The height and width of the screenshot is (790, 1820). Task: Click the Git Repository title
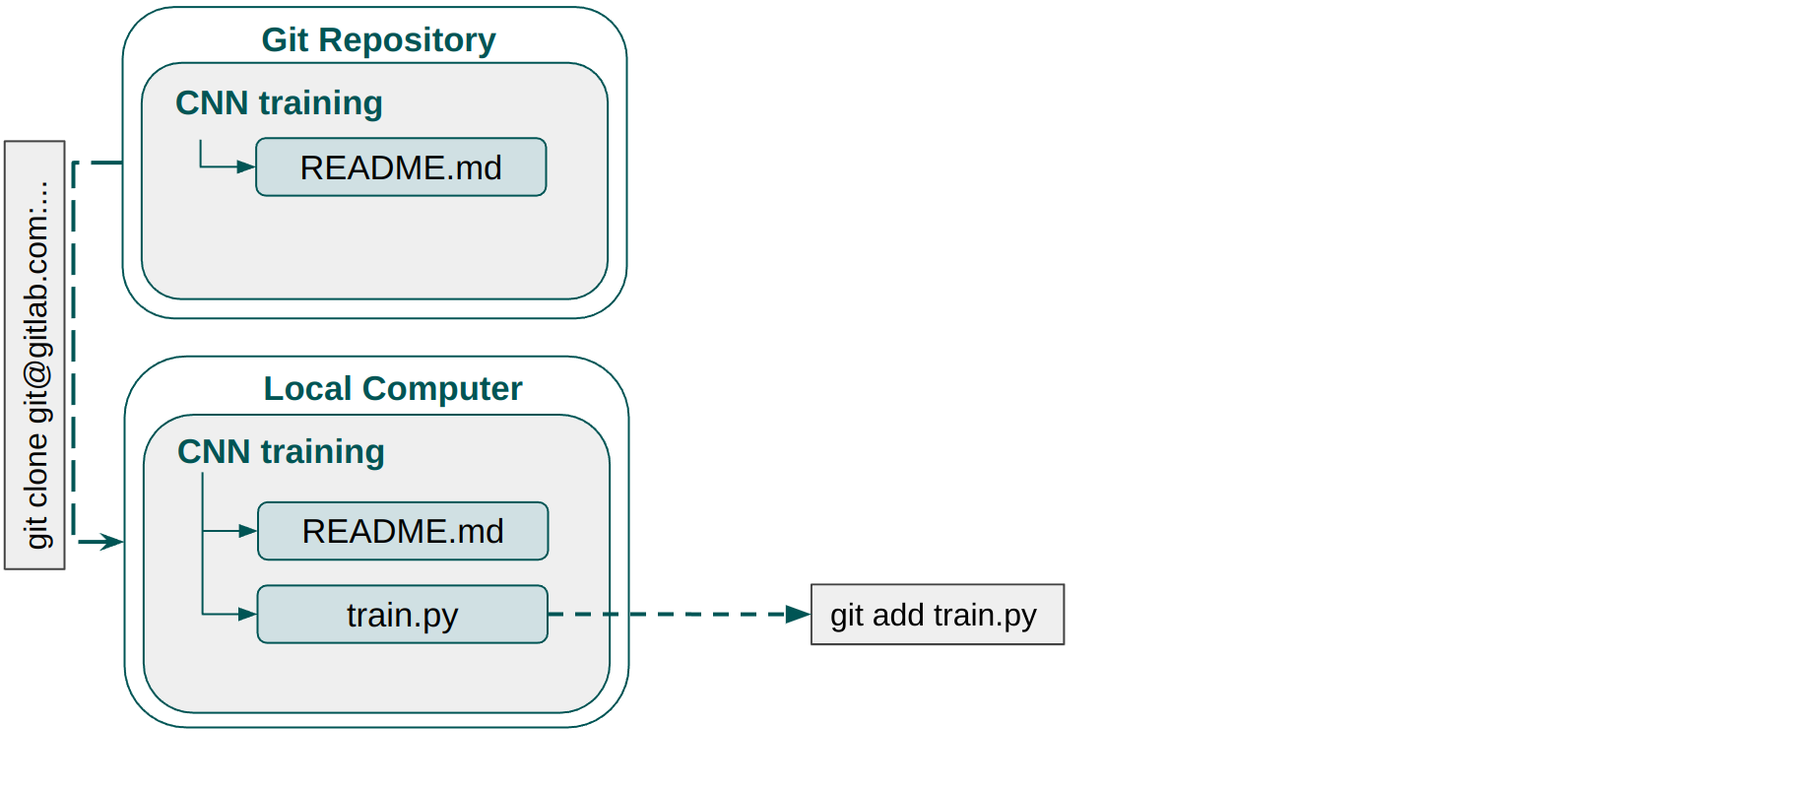pyautogui.click(x=378, y=40)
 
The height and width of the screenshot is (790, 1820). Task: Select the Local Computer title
pyautogui.click(x=392, y=389)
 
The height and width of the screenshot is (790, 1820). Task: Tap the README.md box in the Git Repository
pyautogui.click(x=401, y=167)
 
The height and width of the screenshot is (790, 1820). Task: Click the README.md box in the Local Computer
pyautogui.click(x=403, y=531)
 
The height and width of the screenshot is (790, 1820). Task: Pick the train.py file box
pyautogui.click(x=402, y=615)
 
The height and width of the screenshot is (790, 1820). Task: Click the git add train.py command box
pyautogui.click(x=937, y=615)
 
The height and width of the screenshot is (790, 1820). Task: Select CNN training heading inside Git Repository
pyautogui.click(x=279, y=103)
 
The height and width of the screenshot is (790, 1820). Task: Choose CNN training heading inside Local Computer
pyautogui.click(x=281, y=452)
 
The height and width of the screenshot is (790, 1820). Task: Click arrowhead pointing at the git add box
pyautogui.click(x=798, y=615)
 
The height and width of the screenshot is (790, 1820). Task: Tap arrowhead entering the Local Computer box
pyautogui.click(x=112, y=542)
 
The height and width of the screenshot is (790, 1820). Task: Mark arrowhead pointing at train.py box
pyautogui.click(x=247, y=615)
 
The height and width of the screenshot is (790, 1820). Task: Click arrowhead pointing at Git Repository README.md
pyautogui.click(x=245, y=167)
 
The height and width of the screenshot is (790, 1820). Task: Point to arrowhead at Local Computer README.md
pyautogui.click(x=247, y=531)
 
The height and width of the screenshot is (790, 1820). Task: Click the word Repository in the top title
pyautogui.click(x=407, y=40)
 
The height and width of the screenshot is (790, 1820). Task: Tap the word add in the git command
pyautogui.click(x=896, y=615)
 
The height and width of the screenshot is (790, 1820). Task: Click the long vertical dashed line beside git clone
pyautogui.click(x=74, y=345)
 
